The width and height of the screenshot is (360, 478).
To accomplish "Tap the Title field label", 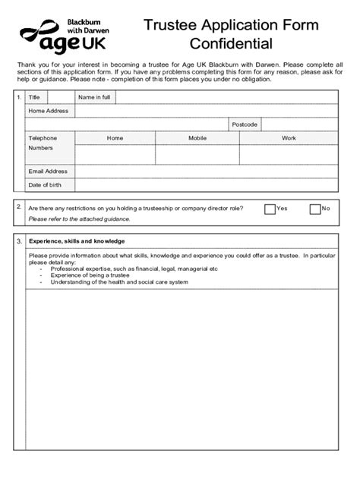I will pos(34,98).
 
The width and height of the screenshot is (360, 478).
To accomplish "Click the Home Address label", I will pos(48,111).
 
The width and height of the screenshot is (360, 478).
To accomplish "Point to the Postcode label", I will pos(245,124).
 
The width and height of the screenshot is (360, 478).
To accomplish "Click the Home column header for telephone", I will pos(115,138).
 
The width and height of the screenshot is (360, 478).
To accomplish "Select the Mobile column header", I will pos(197,138).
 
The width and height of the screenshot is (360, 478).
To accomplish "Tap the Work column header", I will pos(289,138).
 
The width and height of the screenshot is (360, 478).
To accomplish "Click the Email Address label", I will pos(48,171).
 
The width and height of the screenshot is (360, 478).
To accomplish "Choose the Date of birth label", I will pos(46,184).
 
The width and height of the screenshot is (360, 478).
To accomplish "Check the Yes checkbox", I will pos(270,209).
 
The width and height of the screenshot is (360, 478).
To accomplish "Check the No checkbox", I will pos(315,209).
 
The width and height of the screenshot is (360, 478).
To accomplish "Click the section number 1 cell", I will pos(19,98).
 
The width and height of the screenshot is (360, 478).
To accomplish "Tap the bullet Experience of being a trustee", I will pos(92,275).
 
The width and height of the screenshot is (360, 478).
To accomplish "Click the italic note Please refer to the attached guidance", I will pos(79,219).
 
